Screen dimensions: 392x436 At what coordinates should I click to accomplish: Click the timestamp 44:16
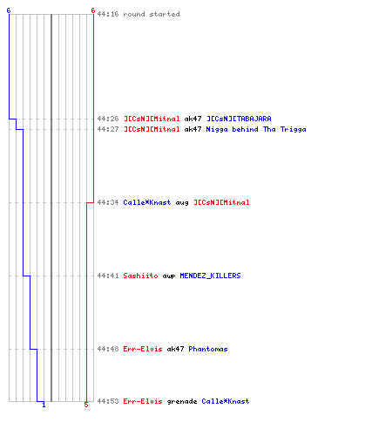pos(108,14)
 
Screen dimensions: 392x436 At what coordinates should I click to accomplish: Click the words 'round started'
pos(152,14)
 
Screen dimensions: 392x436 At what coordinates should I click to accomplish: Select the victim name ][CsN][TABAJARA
pos(239,119)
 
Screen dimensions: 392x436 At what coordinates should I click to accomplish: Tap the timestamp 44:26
pos(108,119)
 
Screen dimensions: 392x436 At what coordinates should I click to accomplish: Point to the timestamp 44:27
pos(108,129)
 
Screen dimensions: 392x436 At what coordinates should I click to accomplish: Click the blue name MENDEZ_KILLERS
pos(210,276)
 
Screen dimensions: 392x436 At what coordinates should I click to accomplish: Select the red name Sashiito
pos(140,276)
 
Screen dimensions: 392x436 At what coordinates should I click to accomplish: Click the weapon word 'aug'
pos(182,203)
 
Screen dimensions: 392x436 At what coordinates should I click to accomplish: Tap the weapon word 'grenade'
pos(182,401)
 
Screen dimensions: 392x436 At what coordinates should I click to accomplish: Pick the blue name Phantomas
pos(208,349)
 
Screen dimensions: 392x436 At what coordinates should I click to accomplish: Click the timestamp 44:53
pos(108,401)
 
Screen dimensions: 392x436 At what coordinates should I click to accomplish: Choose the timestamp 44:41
pos(108,276)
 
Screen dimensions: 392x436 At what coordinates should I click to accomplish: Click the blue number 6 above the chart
pos(9,10)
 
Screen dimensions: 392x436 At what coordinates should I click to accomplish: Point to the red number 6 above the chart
pos(93,10)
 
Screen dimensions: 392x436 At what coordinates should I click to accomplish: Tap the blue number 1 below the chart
pos(44,405)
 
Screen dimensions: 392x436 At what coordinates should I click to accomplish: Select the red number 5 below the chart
pos(86,405)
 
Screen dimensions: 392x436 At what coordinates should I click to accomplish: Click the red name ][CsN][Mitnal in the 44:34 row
pos(221,202)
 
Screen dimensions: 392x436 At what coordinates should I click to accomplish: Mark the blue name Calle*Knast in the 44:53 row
pos(226,401)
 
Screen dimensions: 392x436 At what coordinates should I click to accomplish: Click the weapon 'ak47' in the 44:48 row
pos(175,349)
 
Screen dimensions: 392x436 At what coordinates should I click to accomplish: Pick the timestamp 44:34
pos(108,202)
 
